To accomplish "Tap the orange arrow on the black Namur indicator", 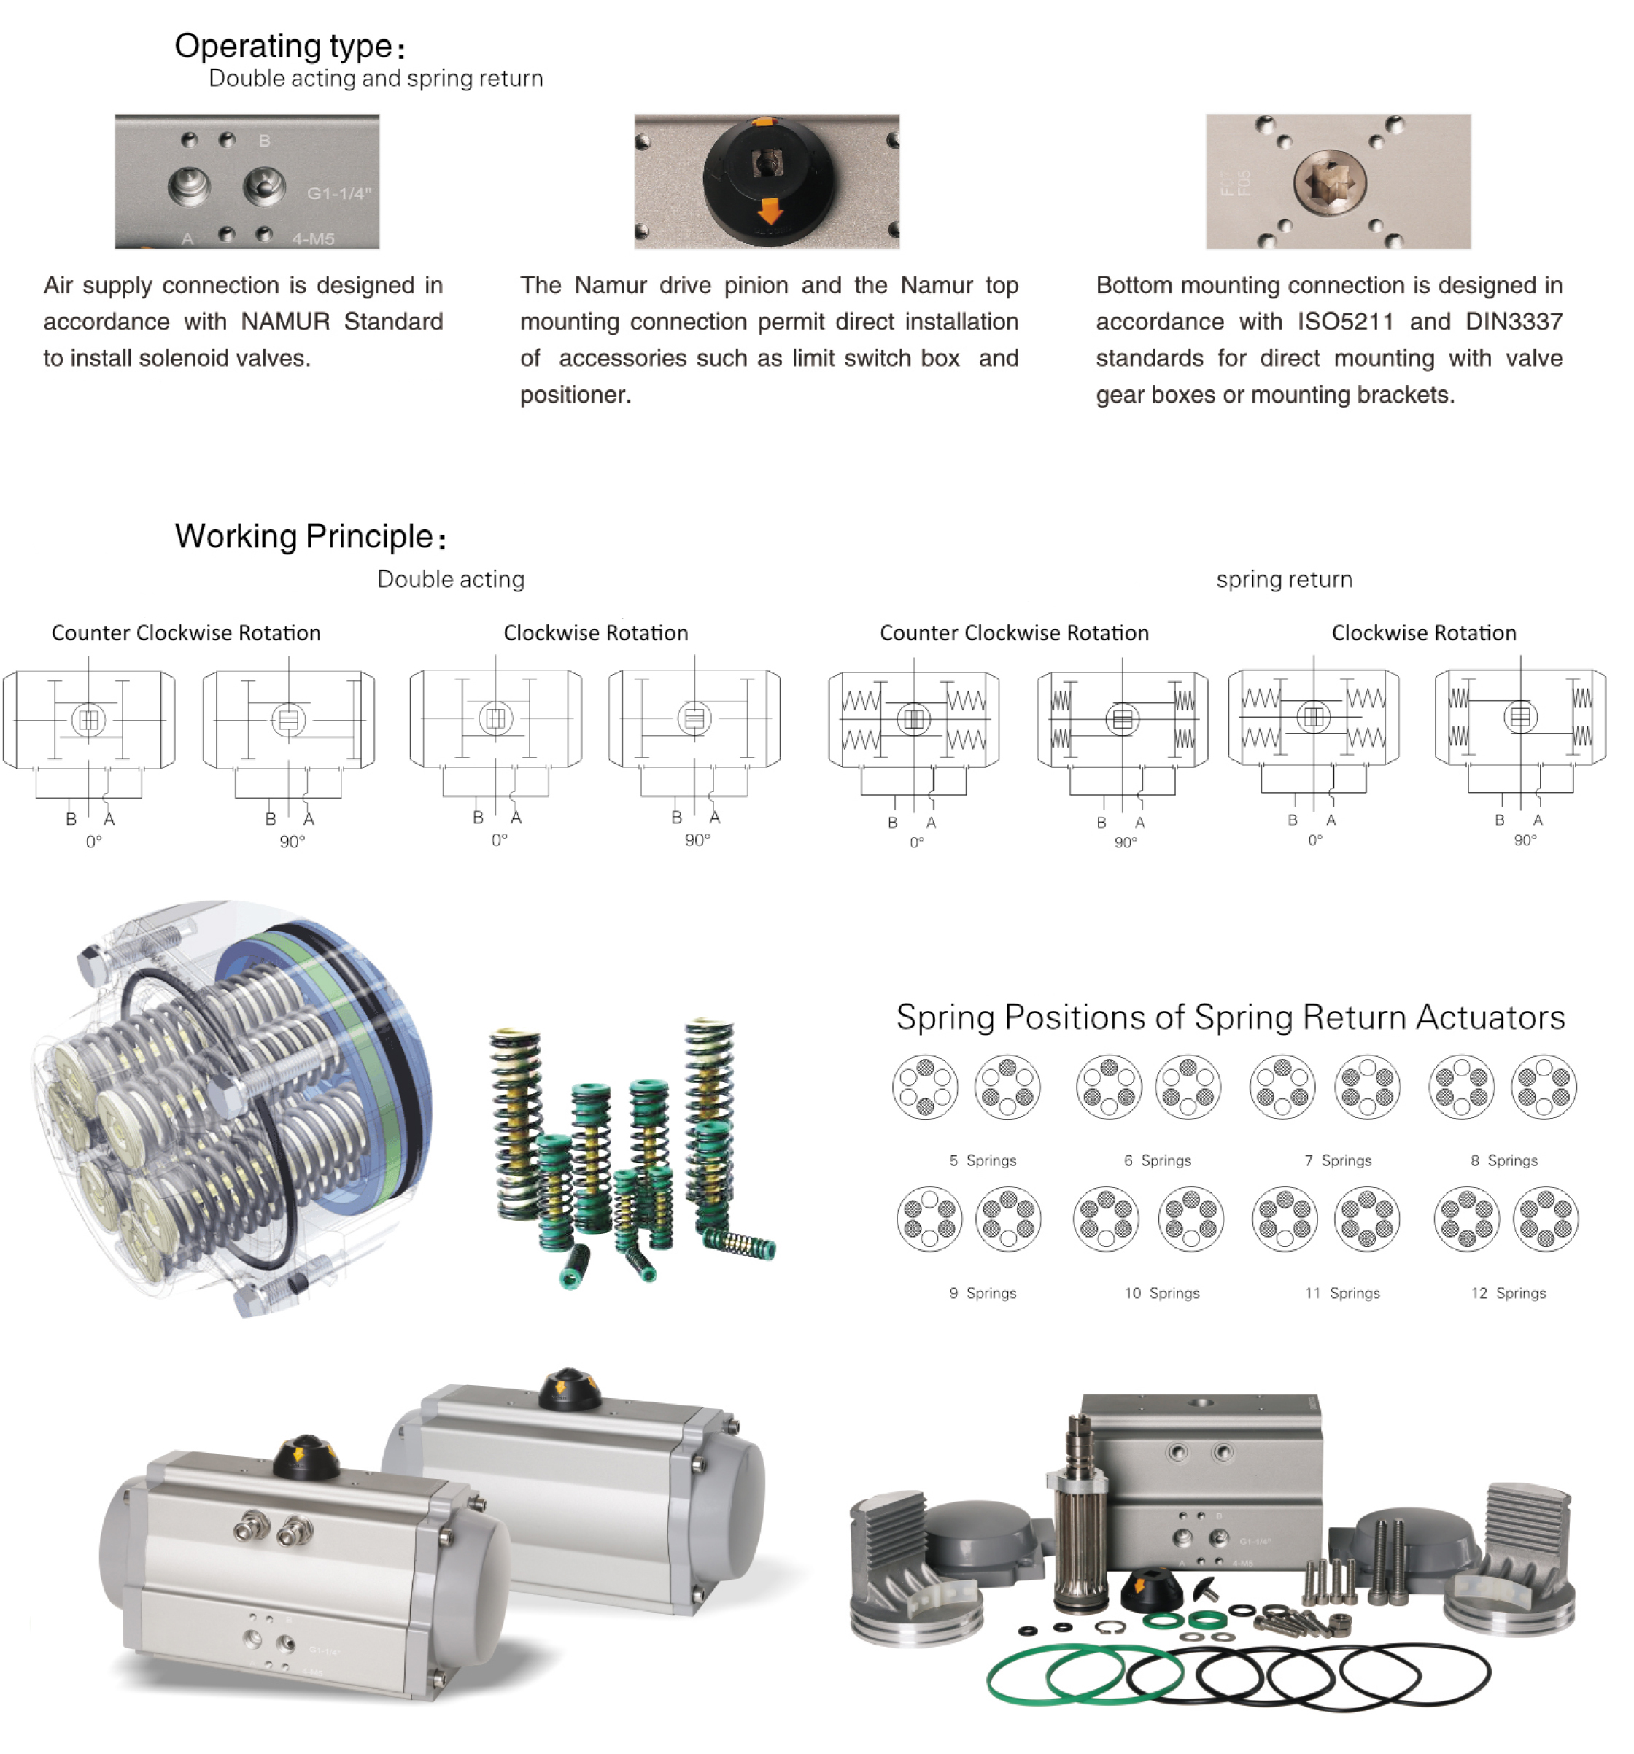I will click(x=770, y=211).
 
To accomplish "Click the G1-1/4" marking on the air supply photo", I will click(x=338, y=193).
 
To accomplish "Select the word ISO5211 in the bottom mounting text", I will click(x=1344, y=322).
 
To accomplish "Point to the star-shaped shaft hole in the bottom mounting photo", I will click(x=1330, y=185).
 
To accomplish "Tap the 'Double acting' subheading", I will click(x=450, y=580).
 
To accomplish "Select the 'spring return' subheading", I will click(x=1283, y=580).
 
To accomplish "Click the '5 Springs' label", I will click(x=982, y=1160).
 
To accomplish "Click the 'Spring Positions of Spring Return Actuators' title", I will click(x=1230, y=1017).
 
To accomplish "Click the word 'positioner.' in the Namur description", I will click(x=576, y=395).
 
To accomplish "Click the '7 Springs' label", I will click(x=1338, y=1160).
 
